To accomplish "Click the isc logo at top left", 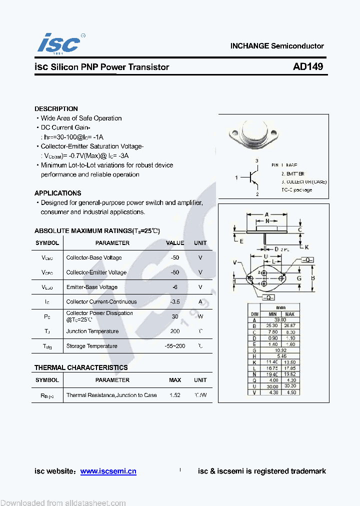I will click(58, 43).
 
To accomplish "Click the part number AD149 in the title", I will click(308, 66).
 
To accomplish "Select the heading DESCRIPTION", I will click(56, 108).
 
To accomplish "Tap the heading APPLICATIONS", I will click(57, 193).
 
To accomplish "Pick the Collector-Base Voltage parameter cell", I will click(94, 257).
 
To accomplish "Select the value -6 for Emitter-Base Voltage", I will click(175, 287).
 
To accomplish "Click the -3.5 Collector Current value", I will click(175, 301).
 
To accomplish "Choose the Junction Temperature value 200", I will click(175, 331).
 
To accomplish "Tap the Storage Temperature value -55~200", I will click(175, 346).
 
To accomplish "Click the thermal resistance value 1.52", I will click(175, 395).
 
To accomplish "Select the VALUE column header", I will click(175, 243).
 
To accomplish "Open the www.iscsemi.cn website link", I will click(108, 471).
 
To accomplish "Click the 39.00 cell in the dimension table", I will click(280, 319).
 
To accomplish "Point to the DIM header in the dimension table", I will click(254, 314).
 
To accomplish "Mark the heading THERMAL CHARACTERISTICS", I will click(81, 367).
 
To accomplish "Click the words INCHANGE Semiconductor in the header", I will click(277, 46).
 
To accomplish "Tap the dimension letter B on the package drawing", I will click(312, 278).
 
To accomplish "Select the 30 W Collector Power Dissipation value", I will click(175, 316).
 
